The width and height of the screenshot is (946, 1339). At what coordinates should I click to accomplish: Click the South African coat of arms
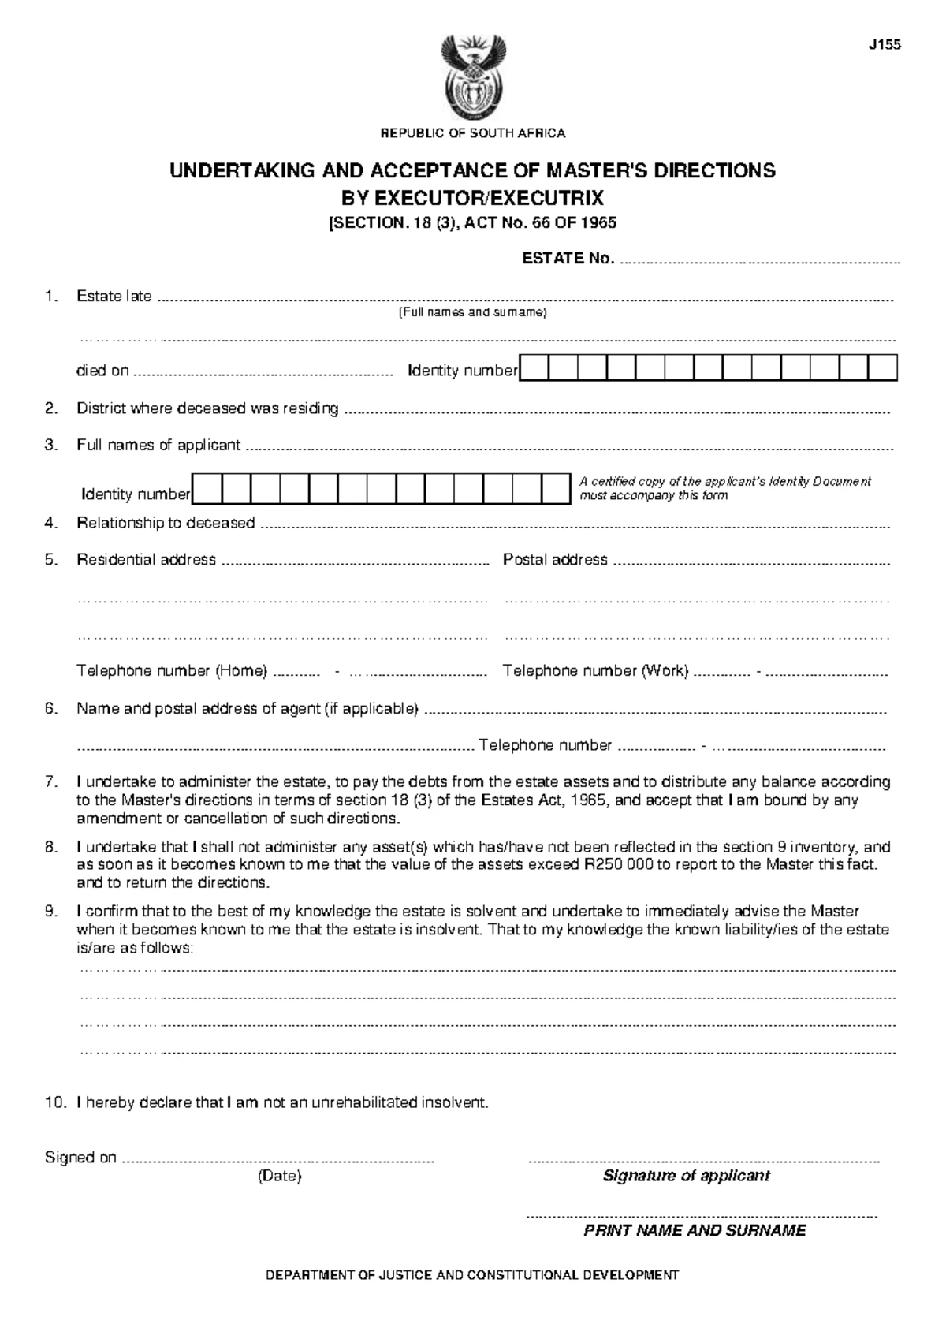coord(473,78)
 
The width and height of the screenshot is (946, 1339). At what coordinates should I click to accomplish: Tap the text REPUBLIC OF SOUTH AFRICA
coord(473,133)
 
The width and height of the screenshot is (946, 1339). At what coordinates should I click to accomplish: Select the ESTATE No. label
coord(568,259)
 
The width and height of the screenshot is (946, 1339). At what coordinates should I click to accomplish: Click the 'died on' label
coord(102,371)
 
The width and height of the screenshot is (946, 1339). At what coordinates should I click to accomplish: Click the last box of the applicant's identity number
coord(555,490)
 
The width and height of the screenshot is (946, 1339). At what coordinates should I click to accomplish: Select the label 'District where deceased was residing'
coord(207,408)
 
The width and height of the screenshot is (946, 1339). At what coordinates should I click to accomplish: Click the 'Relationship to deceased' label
coord(166,523)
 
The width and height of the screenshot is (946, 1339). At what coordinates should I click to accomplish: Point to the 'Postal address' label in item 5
coord(555,560)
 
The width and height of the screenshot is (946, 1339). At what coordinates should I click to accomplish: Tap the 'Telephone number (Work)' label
coord(595,671)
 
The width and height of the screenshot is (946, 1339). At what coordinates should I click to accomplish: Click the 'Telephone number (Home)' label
coord(172,671)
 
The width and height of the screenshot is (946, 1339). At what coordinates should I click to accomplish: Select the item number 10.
coord(53,1102)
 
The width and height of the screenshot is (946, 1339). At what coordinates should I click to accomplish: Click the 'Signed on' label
coord(80,1158)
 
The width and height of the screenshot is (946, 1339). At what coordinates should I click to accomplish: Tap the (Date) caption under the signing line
coord(280,1177)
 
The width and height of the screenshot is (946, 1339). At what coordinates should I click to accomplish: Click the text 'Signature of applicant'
coord(686,1176)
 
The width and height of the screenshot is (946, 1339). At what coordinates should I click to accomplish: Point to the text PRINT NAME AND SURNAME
coord(695,1231)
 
